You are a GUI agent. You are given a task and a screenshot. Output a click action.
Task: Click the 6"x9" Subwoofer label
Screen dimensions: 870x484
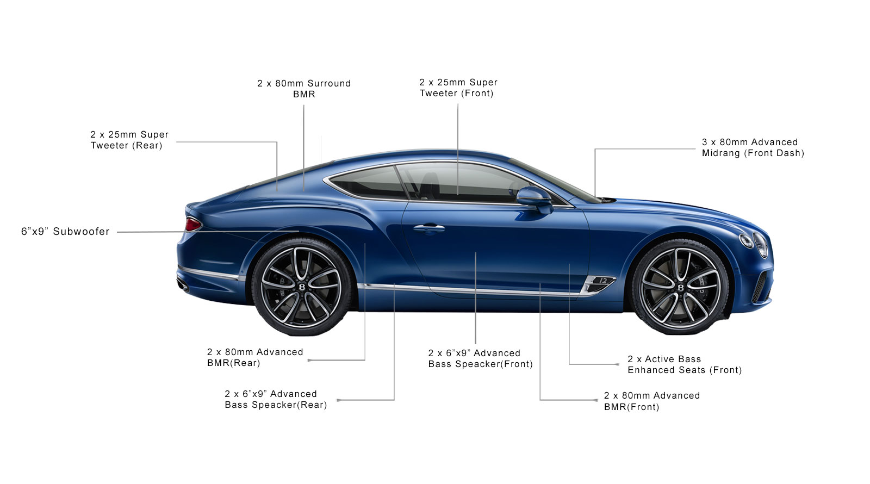[65, 232]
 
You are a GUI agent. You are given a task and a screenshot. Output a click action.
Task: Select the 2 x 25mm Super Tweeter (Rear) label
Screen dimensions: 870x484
[129, 140]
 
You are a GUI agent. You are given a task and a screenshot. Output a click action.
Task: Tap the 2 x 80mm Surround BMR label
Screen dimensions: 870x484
[304, 89]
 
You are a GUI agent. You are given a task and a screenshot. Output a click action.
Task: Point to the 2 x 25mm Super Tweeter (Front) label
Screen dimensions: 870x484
[458, 88]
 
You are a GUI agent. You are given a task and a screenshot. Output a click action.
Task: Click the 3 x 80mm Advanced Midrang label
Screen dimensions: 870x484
[753, 147]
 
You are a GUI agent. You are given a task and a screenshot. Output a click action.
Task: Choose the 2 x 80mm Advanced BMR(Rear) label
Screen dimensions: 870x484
[255, 357]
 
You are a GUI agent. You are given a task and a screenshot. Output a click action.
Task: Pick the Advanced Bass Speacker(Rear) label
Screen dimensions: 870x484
[276, 399]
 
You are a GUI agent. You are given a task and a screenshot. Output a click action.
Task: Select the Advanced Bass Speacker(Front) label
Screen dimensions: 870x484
[481, 358]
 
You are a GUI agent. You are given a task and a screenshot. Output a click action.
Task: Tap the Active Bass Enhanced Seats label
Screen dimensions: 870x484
[685, 364]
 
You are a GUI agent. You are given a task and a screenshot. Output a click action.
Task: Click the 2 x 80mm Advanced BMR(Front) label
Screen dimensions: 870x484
[652, 401]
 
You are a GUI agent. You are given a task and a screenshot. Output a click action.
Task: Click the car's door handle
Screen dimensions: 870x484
[429, 228]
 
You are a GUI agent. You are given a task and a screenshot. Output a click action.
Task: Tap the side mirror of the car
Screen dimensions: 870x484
[535, 199]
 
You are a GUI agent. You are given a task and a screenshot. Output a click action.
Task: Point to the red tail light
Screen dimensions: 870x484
[193, 225]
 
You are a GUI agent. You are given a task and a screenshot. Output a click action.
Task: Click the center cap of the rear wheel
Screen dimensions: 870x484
[302, 287]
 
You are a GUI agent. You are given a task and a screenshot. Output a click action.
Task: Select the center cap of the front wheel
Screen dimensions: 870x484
[680, 287]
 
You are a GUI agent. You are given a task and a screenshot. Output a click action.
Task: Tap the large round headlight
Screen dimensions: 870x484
[761, 245]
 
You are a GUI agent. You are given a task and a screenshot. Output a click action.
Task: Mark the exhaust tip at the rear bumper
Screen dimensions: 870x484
[183, 285]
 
